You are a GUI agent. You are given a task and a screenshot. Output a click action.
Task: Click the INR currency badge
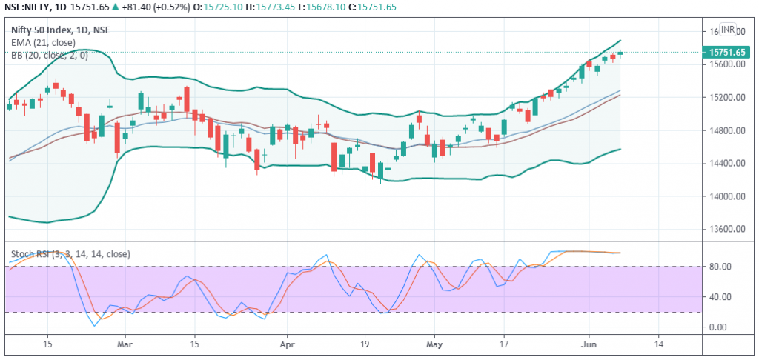tap(728, 30)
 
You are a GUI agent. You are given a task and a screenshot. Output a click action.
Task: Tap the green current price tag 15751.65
tap(726, 53)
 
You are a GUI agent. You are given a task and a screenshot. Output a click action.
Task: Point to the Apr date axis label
tap(288, 346)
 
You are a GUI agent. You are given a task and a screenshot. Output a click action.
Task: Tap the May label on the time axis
tap(434, 346)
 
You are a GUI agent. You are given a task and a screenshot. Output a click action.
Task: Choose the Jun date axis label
tap(589, 346)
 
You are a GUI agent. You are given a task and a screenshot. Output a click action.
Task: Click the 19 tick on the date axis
tap(365, 346)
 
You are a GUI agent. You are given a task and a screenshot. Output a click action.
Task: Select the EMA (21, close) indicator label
tap(43, 42)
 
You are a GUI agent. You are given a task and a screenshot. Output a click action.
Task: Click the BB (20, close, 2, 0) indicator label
tap(50, 55)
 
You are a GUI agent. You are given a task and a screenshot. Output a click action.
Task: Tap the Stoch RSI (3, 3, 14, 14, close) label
tap(70, 253)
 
